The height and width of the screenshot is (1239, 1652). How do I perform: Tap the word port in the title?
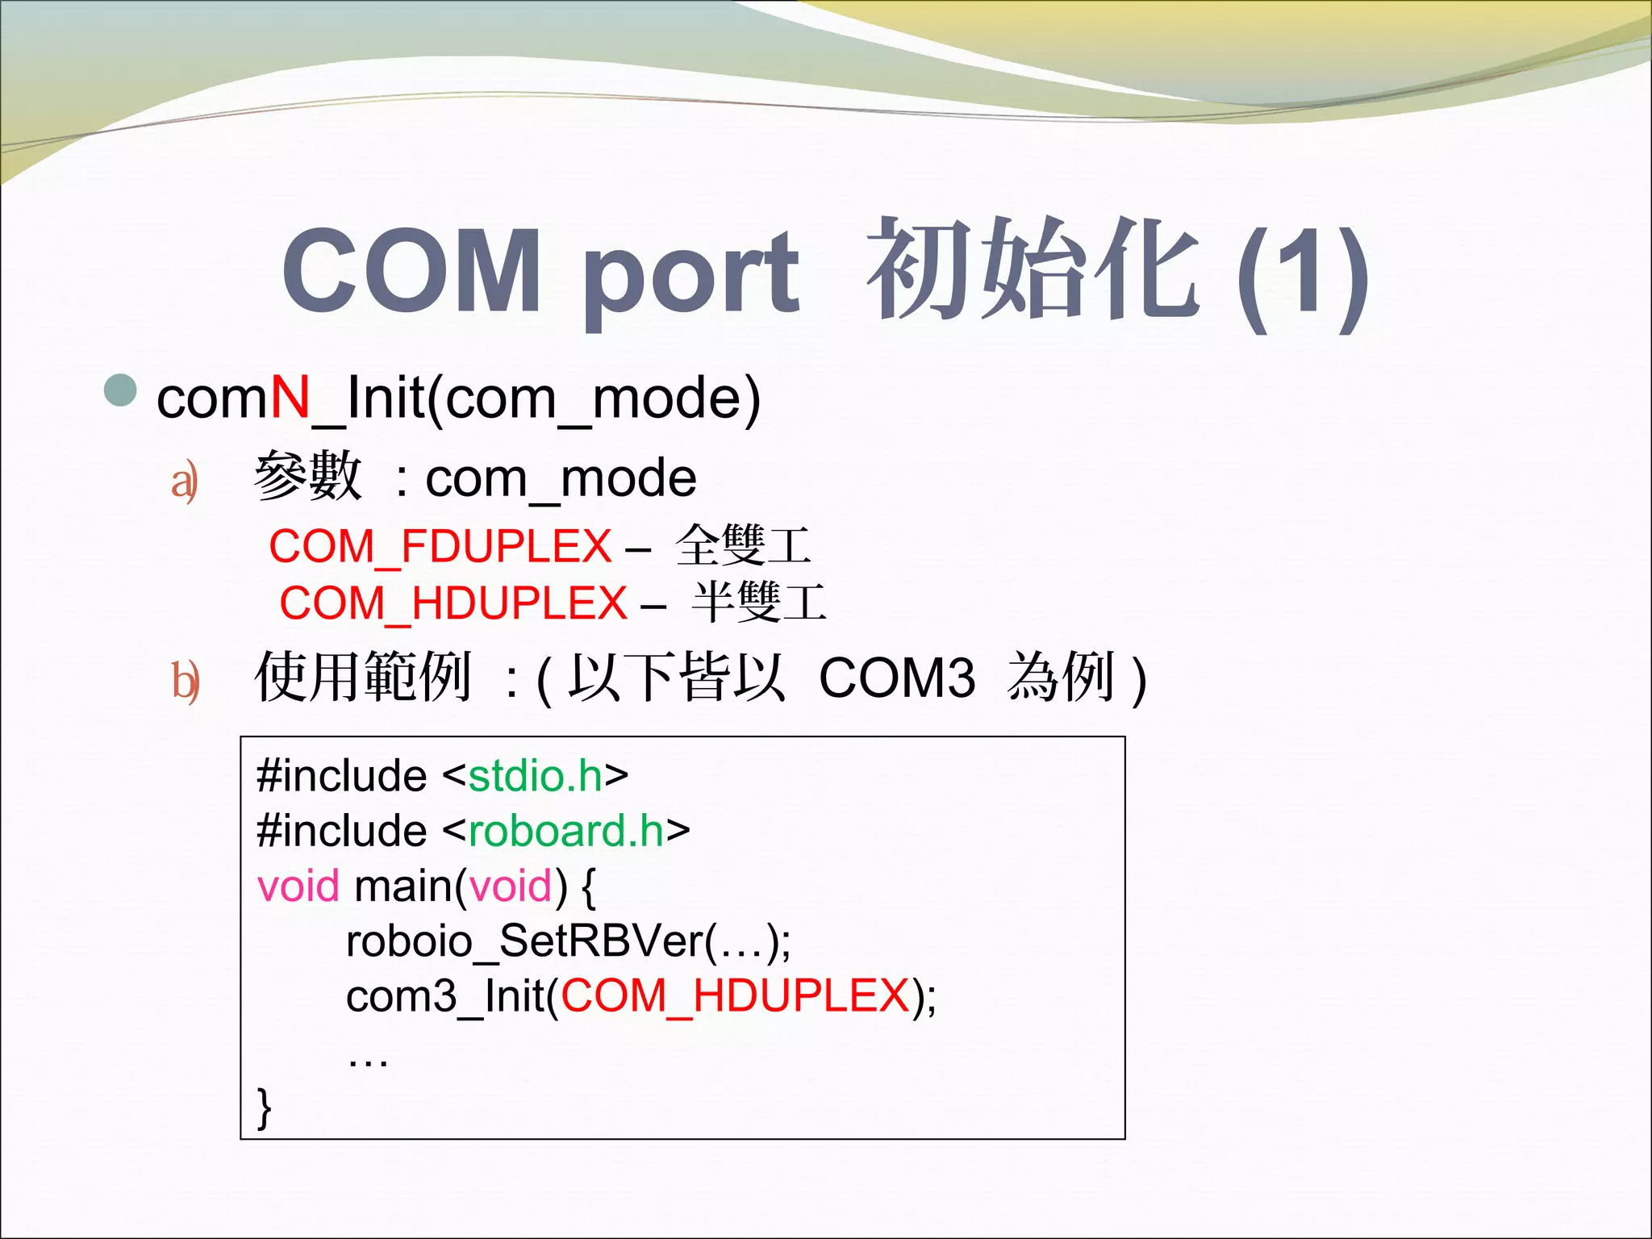click(690, 274)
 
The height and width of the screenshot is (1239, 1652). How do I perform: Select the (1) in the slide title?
click(1302, 274)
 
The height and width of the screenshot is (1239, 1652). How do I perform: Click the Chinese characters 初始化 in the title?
click(1032, 269)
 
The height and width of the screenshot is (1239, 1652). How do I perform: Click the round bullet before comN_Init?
click(122, 390)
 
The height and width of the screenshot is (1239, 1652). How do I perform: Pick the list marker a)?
click(185, 482)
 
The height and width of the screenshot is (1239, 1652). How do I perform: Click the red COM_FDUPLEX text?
click(440, 546)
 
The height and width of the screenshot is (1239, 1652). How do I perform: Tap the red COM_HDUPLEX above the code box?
click(453, 603)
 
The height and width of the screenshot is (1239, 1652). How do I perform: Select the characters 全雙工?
click(743, 545)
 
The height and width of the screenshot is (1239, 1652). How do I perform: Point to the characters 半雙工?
click(759, 602)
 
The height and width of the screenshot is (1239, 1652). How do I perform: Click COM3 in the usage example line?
click(897, 678)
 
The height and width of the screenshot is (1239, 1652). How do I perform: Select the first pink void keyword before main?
click(298, 886)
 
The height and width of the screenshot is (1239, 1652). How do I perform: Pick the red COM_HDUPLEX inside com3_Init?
click(735, 995)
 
